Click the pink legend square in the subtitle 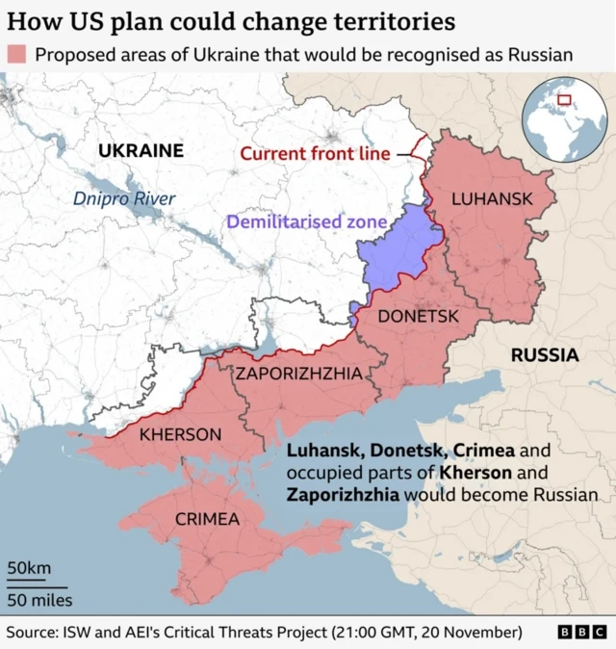click(16, 54)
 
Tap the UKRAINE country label click(141, 150)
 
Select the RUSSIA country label click(544, 355)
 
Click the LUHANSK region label click(492, 198)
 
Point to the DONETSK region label click(417, 316)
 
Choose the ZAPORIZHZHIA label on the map click(299, 374)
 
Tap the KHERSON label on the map click(180, 435)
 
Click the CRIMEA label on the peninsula click(207, 519)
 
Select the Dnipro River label click(124, 198)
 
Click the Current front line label click(315, 153)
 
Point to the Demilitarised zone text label click(306, 222)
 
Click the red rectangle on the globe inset click(564, 98)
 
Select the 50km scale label click(29, 569)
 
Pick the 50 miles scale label click(38, 600)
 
